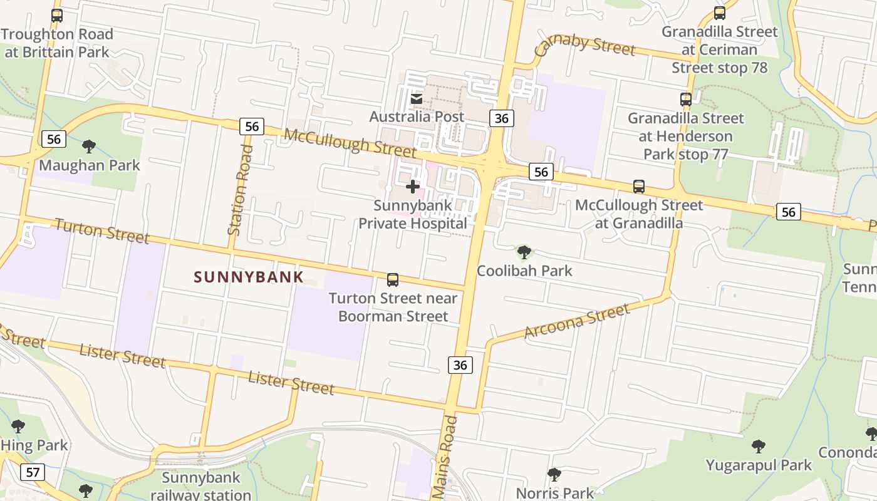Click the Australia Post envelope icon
tap(417, 99)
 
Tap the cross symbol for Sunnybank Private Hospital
tap(413, 187)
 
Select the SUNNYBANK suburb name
tap(249, 277)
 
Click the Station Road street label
tap(241, 190)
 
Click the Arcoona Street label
tap(576, 321)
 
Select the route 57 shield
tap(32, 472)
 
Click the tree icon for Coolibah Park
tap(524, 252)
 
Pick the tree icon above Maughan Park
tap(89, 147)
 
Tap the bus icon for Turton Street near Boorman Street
tap(393, 280)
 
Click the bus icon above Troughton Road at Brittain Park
tap(57, 16)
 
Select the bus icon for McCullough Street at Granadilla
tap(639, 186)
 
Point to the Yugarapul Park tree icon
tap(759, 447)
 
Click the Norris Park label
tap(554, 493)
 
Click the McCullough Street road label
tap(350, 143)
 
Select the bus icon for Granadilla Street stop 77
tap(686, 99)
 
